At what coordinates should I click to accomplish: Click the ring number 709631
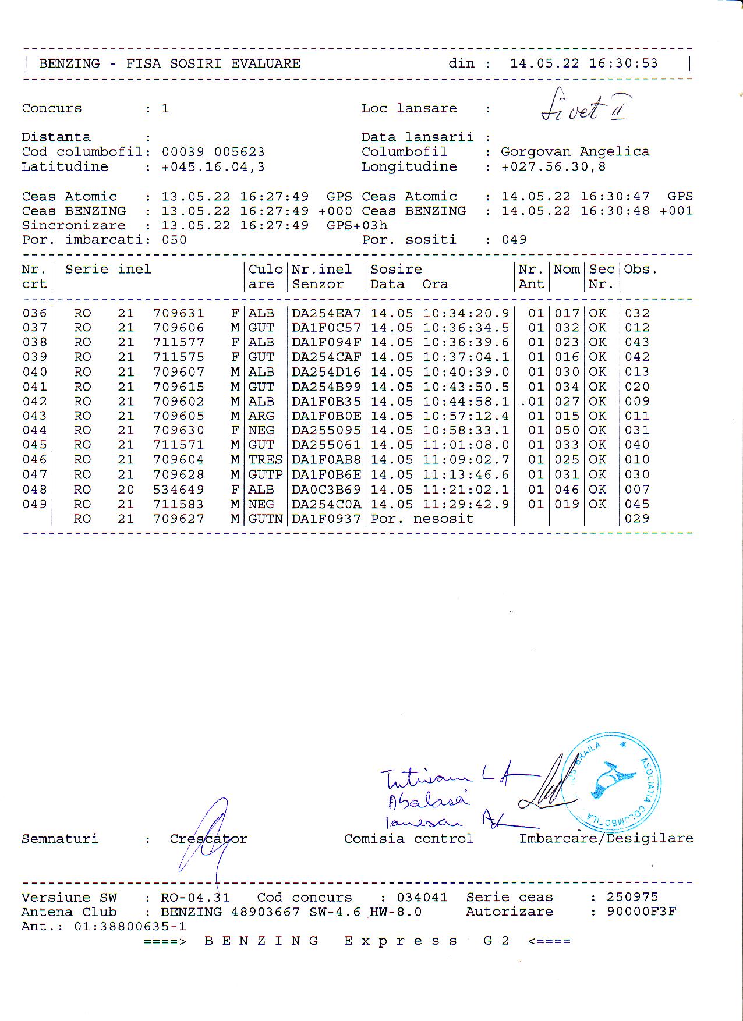pos(178,313)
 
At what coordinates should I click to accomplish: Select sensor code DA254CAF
pos(326,357)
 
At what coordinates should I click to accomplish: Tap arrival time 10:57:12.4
pos(466,416)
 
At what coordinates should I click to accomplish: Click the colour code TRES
pos(265,460)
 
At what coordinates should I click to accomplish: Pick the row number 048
pos(34,490)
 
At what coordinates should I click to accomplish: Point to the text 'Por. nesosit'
pos(422,519)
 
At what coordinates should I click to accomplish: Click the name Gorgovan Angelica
pos(575,152)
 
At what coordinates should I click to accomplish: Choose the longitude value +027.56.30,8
pos(553,167)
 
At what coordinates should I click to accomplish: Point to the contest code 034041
pos(422,897)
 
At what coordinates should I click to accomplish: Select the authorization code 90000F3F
pos(641,912)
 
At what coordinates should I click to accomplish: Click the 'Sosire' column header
pos(396,270)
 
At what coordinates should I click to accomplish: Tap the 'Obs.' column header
pos(640,270)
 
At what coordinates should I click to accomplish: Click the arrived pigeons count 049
pos(514,240)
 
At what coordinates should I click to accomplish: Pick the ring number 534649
pos(178,490)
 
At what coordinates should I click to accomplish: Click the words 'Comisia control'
pos(408,839)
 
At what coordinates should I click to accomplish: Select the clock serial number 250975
pos(632,897)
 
